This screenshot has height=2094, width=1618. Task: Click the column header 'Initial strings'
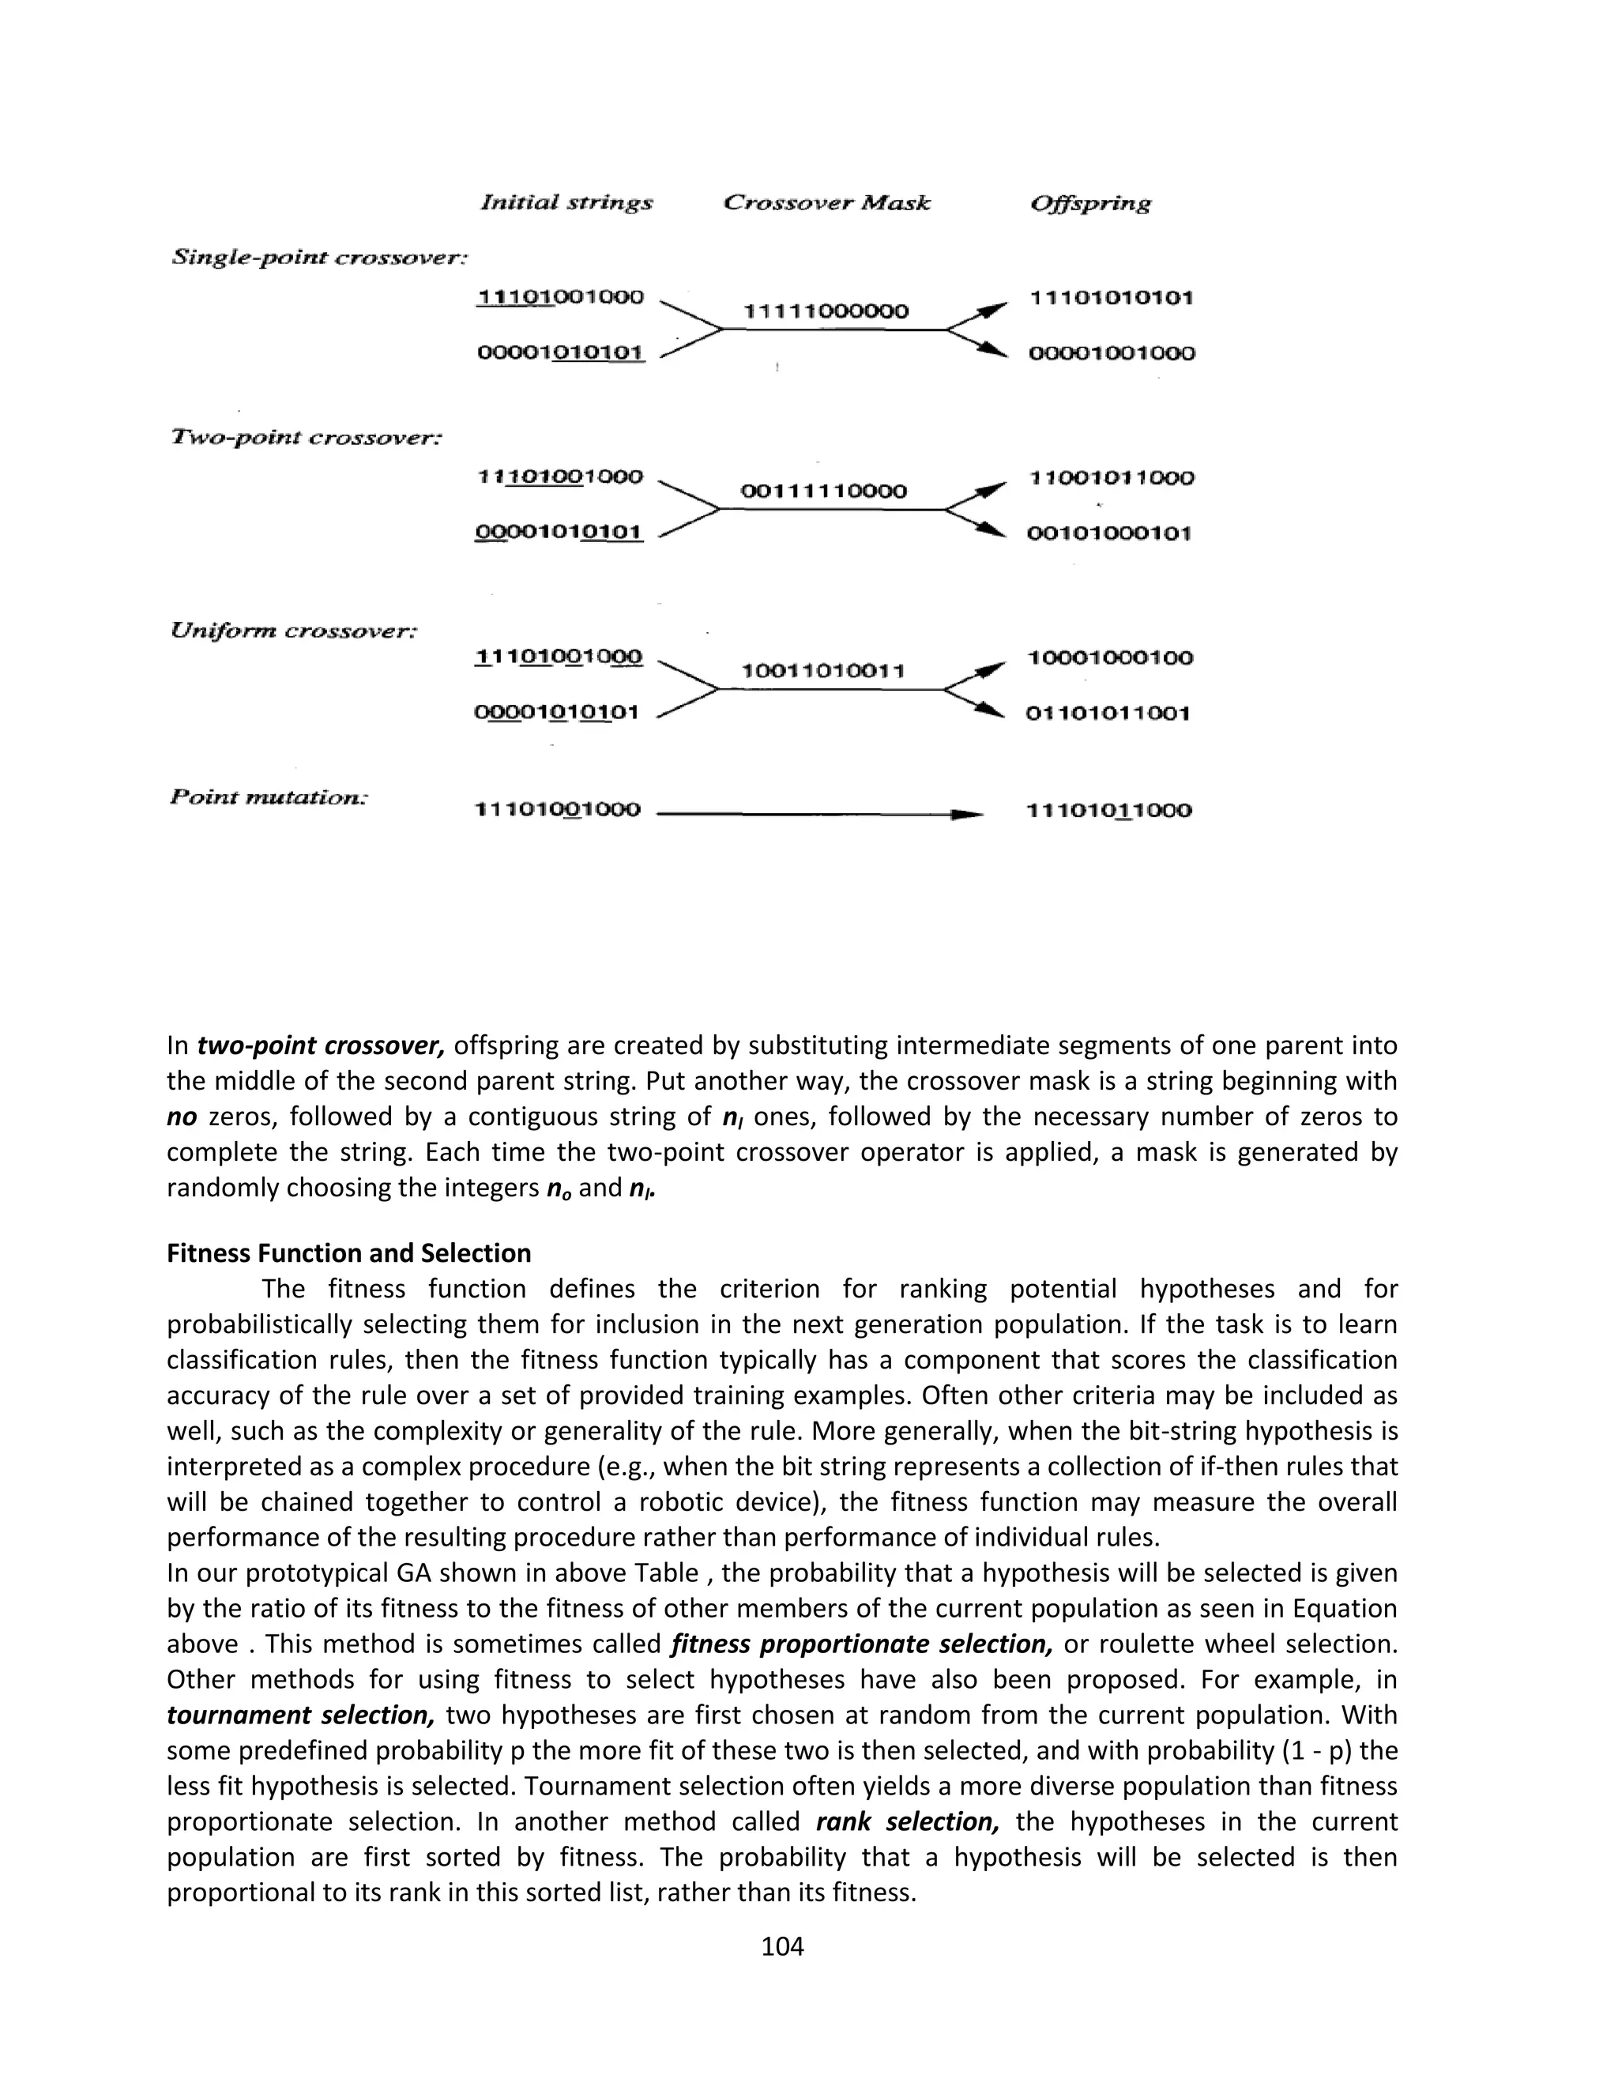coord(566,202)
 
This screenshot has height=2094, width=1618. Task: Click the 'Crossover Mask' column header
coord(826,202)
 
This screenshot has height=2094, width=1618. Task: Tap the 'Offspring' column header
coord(1089,203)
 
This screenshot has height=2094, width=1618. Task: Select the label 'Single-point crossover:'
coord(319,257)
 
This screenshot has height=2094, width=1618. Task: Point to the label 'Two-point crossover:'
coord(307,437)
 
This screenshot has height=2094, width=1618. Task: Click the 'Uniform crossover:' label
coord(293,630)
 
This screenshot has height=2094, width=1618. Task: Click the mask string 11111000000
coord(826,311)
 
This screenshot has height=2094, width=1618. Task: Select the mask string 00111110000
coord(823,491)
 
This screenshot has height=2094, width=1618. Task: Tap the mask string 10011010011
coord(823,670)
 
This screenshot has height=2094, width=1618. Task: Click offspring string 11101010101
coord(1111,297)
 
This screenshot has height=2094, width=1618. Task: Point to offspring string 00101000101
coord(1109,533)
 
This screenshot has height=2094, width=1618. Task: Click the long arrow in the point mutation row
coord(819,814)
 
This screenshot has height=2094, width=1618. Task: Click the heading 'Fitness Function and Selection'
coord(349,1253)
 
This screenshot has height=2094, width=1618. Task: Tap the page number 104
coord(782,1946)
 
